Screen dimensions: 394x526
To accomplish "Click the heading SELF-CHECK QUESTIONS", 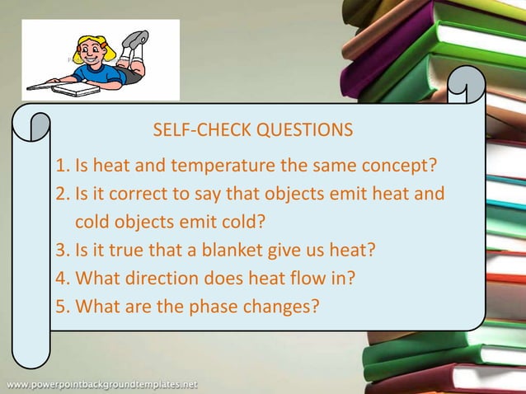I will [x=252, y=130].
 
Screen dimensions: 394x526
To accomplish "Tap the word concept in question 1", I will [x=400, y=166].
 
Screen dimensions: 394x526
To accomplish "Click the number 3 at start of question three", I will [x=61, y=250].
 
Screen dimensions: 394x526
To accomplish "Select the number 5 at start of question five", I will [x=61, y=306].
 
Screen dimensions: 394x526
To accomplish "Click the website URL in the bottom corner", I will [x=102, y=384].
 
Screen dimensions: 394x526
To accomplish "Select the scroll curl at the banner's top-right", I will [x=467, y=86].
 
